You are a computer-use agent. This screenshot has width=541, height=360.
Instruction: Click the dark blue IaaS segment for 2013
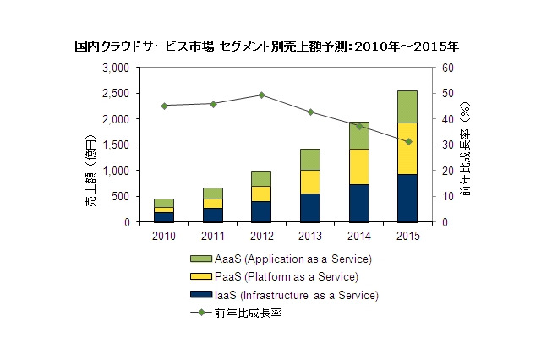point(310,208)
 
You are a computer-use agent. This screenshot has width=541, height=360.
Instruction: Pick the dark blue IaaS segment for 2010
point(163,217)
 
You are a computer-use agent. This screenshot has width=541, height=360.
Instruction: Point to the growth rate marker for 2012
point(261,95)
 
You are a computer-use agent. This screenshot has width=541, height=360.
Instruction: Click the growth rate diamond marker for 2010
point(164,106)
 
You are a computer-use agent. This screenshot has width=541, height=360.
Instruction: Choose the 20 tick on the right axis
point(448,171)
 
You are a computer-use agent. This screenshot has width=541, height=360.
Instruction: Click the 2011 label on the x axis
point(212,236)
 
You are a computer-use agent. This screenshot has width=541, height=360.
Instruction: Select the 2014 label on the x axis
point(359,236)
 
